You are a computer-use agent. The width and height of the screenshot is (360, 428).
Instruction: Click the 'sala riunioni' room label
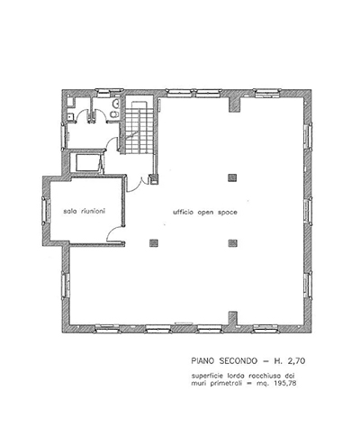[x=85, y=212]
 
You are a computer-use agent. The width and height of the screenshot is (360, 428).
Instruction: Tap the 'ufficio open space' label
[x=205, y=213]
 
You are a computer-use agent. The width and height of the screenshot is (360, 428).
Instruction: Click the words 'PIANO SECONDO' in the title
[x=224, y=360]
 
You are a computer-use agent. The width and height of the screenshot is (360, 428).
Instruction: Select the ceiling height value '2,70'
[x=296, y=361]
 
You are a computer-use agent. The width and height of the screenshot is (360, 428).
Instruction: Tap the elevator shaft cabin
[x=87, y=163]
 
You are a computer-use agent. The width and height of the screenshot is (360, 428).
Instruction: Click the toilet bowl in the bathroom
[x=113, y=114]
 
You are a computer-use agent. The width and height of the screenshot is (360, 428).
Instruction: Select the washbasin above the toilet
[x=114, y=104]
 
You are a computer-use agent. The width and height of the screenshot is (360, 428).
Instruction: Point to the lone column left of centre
[x=154, y=242]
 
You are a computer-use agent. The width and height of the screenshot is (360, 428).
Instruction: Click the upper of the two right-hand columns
[x=232, y=178]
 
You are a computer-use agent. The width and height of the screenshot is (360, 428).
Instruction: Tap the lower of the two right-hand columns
[x=232, y=242]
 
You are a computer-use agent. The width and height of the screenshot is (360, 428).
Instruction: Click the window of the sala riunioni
[x=46, y=210]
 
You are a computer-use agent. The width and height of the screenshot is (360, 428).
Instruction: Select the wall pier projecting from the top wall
[x=235, y=105]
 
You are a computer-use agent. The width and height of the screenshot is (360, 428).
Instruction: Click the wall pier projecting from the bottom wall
[x=233, y=319]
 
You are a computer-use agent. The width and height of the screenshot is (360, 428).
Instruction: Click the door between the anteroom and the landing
[x=112, y=143]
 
